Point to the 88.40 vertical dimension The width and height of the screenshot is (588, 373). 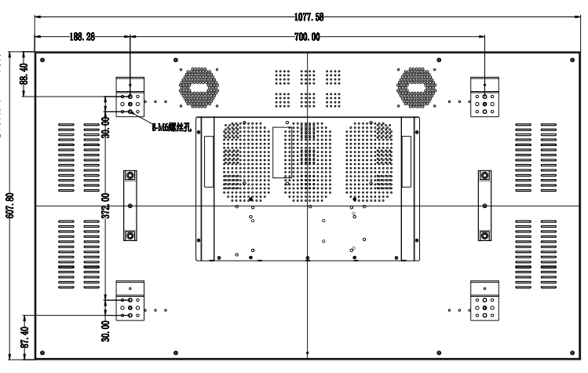tap(24, 74)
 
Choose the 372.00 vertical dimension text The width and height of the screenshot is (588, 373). tap(105, 207)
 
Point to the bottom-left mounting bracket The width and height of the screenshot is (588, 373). tap(130, 302)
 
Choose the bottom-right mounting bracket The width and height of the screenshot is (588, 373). tap(484, 302)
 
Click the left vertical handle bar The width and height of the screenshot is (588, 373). tap(130, 205)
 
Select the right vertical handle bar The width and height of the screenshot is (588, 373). tap(484, 205)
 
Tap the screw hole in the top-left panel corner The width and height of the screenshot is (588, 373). tap(42, 60)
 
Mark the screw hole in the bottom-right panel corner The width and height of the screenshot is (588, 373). tap(572, 351)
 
